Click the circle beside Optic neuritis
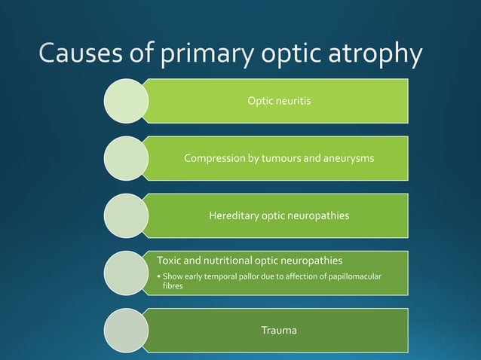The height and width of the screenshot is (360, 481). tap(125, 101)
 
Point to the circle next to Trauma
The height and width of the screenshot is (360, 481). tap(125, 330)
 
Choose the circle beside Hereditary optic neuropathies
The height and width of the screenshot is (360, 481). tap(125, 215)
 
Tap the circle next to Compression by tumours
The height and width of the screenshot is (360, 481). tap(125, 158)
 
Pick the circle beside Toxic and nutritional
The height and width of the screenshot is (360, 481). tap(125, 273)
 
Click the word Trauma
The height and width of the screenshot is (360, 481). tap(279, 330)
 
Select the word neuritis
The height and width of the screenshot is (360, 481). tap(293, 101)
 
